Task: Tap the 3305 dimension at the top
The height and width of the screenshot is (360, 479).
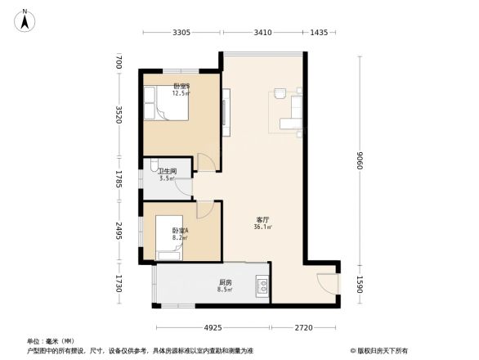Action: tap(181, 33)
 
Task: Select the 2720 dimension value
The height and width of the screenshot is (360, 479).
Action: tap(302, 328)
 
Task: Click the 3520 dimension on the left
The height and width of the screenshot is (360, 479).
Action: tap(119, 115)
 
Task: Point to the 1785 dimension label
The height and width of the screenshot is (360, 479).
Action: tap(119, 178)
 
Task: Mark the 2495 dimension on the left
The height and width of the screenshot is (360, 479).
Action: tap(119, 232)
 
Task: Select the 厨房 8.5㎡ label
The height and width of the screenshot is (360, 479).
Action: tap(225, 286)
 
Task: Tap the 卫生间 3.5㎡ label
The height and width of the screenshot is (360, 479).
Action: tap(168, 174)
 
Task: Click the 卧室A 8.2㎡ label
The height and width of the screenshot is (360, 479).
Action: tap(180, 234)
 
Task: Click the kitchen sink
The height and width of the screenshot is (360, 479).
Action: tap(263, 286)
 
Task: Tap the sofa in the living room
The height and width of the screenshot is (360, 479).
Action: tap(291, 124)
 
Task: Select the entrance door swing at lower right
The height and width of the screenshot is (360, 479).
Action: tap(325, 281)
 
